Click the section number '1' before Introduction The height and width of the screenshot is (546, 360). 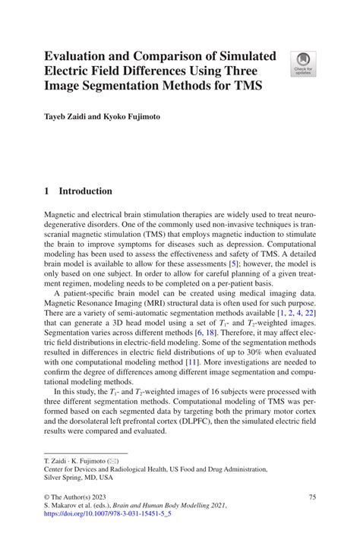click(x=46, y=192)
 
